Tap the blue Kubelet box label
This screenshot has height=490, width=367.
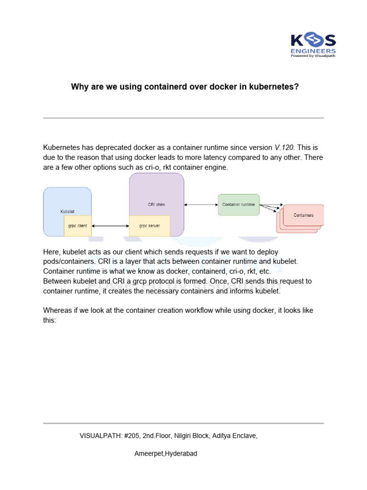pyautogui.click(x=67, y=211)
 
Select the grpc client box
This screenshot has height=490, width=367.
pyautogui.click(x=77, y=226)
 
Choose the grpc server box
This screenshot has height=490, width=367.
pyautogui.click(x=150, y=226)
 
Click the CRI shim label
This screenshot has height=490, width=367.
pyautogui.click(x=156, y=204)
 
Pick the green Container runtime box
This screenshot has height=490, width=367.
pyautogui.click(x=238, y=205)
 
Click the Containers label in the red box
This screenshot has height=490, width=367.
pyautogui.click(x=303, y=215)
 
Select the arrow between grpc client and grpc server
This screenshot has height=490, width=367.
pyautogui.click(x=110, y=226)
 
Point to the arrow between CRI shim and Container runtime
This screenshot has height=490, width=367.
pyautogui.click(x=201, y=205)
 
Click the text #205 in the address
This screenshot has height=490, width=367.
pyautogui.click(x=131, y=436)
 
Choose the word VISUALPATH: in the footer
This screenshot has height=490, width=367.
pyautogui.click(x=100, y=436)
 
